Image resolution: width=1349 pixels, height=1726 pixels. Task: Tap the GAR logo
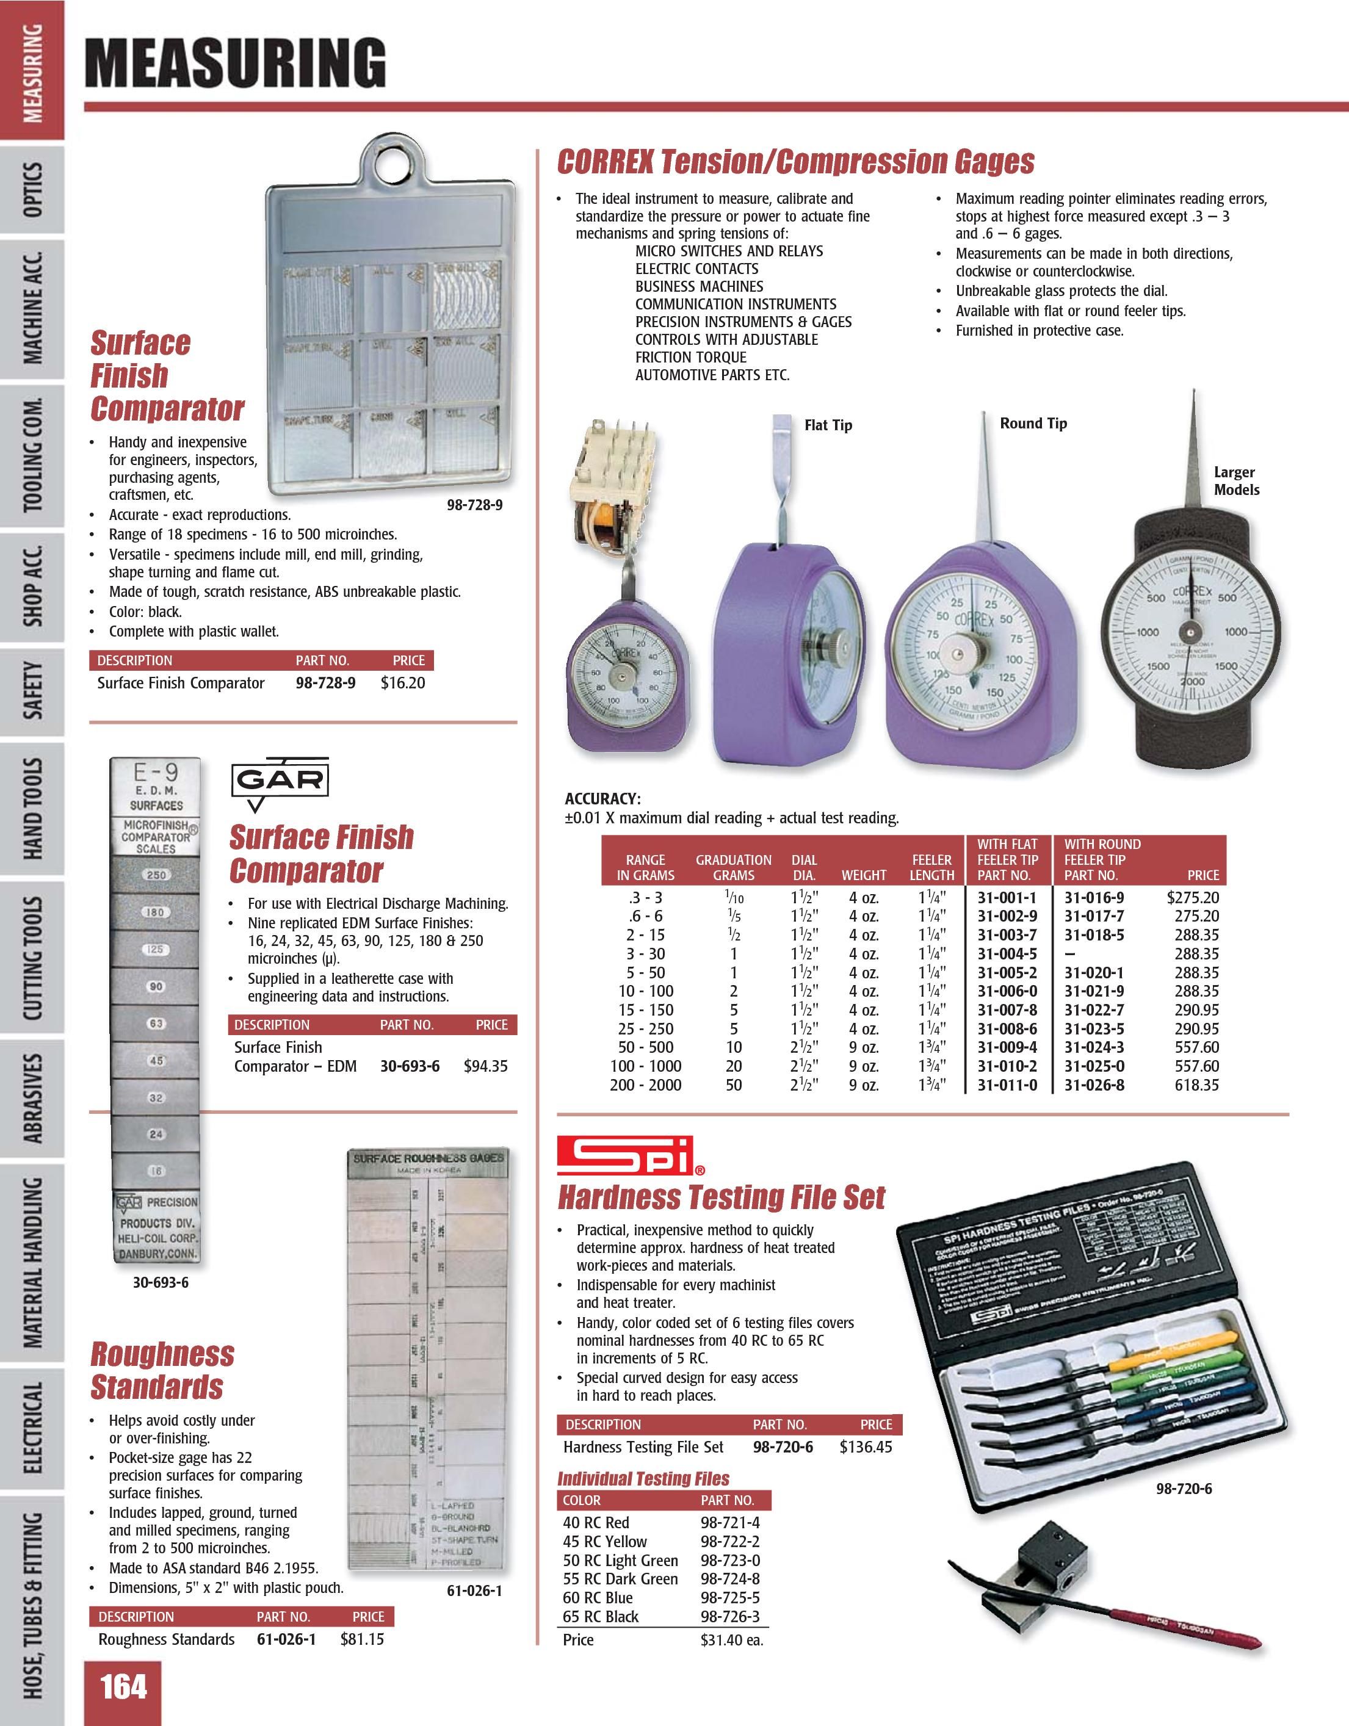(280, 781)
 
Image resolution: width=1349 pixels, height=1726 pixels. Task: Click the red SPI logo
(624, 1155)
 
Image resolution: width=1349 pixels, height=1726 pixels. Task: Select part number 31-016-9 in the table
(1094, 897)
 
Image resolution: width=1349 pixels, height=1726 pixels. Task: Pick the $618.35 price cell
(1196, 1085)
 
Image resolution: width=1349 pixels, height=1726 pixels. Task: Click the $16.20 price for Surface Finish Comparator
(402, 683)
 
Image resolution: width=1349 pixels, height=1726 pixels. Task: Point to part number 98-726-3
(729, 1617)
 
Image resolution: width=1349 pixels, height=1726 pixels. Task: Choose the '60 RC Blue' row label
(598, 1598)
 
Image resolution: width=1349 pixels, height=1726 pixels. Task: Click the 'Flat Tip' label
(828, 425)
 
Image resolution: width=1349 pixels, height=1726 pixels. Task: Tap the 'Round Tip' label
(1033, 424)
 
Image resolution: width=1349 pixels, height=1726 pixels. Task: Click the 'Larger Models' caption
(1236, 480)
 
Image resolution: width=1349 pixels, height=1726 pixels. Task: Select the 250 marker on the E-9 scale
(156, 875)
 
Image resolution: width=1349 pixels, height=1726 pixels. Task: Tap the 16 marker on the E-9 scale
(156, 1171)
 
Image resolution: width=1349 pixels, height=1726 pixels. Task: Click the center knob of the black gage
(1188, 633)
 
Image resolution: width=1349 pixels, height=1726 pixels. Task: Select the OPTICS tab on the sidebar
(32, 190)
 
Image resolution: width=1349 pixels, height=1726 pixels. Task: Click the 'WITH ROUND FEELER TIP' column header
(1102, 859)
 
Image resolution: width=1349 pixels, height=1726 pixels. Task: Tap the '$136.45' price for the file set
(866, 1447)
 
